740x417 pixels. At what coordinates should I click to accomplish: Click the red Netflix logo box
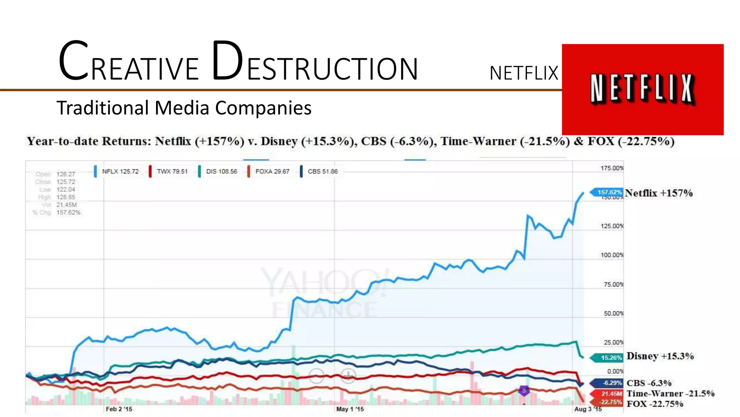click(x=642, y=89)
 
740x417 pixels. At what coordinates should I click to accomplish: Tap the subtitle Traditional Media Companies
click(x=184, y=108)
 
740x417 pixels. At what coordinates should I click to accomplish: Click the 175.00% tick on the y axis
click(x=612, y=168)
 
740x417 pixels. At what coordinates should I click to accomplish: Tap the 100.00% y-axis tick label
click(x=612, y=255)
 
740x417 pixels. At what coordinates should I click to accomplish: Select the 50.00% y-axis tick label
click(x=613, y=313)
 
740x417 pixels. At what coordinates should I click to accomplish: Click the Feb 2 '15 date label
click(x=119, y=409)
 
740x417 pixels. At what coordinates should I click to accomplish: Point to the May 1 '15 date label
click(x=350, y=409)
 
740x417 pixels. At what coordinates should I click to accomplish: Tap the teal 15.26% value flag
click(x=609, y=358)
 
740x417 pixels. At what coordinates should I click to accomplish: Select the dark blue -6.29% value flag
click(x=609, y=383)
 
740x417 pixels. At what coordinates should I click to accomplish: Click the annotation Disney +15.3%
click(x=660, y=356)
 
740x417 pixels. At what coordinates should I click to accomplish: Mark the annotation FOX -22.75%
click(x=654, y=404)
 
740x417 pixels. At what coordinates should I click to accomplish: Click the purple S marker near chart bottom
click(x=524, y=391)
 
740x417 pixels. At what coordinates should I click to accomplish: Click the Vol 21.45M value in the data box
click(x=66, y=205)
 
